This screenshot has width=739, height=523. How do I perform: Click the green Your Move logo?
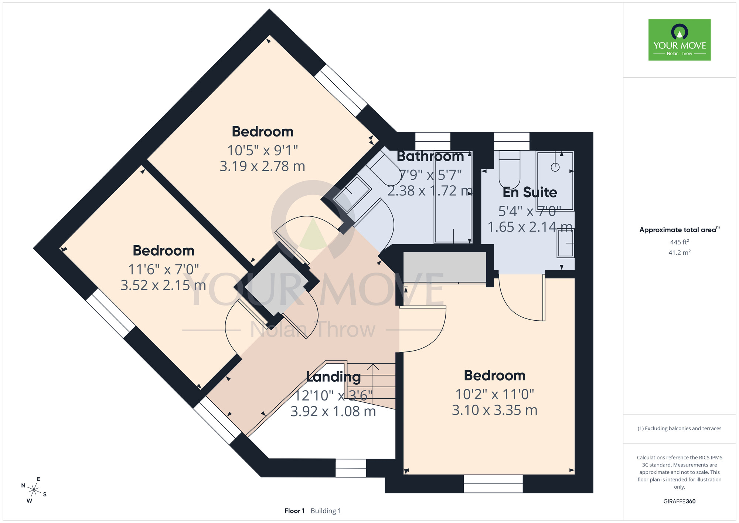pos(680,40)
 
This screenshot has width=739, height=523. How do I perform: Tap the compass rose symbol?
pos(34,490)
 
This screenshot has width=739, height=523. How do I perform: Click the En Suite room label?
pos(530,192)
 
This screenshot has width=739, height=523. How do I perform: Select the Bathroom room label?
pos(430,156)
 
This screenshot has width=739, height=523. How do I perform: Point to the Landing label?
pos(333,377)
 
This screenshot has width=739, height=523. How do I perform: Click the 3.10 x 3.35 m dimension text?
pos(494,410)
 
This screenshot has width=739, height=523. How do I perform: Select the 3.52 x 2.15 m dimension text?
pos(163,285)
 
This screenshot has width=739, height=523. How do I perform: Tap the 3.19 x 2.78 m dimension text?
pos(262,166)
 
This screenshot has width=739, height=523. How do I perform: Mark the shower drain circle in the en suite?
pos(555,167)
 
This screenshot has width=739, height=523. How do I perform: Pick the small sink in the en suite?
pos(565,243)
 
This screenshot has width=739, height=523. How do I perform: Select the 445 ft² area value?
pos(680,242)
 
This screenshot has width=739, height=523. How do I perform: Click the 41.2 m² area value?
pos(680,253)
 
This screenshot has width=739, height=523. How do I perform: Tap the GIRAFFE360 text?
pos(680,502)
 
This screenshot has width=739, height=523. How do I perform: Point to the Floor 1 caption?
pos(294,511)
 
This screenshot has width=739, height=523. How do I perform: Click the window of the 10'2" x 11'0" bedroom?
pos(493,484)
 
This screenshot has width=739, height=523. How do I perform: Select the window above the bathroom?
pos(433,141)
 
